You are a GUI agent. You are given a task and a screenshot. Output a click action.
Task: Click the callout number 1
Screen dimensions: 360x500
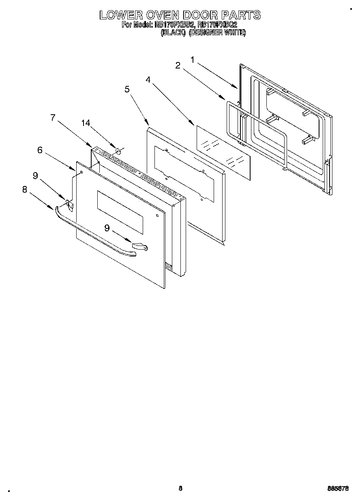(193, 60)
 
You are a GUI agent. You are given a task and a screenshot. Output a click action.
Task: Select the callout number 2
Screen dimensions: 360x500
(178, 65)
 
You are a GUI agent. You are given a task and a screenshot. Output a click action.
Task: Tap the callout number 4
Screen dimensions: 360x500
(148, 80)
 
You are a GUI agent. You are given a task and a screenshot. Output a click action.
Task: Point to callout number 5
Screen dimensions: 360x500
(127, 90)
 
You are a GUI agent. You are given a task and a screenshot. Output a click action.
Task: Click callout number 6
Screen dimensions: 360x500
(40, 150)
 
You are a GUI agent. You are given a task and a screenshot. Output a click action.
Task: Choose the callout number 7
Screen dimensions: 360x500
(53, 118)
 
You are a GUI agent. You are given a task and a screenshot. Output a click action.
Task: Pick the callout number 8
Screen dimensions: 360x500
(25, 189)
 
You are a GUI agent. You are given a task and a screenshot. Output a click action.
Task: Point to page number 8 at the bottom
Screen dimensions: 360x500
(180, 488)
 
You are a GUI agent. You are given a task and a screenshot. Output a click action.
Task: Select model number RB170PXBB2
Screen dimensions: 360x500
(172, 25)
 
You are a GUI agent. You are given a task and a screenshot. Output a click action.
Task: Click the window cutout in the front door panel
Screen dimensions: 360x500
(120, 212)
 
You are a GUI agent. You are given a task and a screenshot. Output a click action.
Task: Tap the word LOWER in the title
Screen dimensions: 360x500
(120, 15)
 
